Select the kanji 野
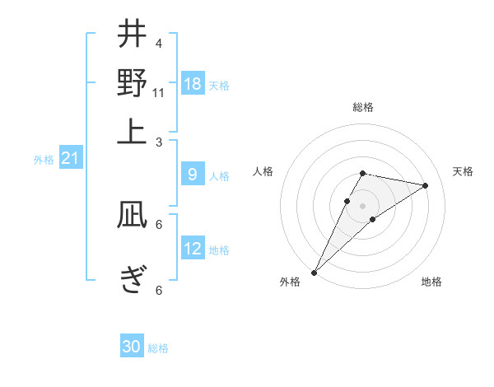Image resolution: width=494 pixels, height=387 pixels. coord(132,83)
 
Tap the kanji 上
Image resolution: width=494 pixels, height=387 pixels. coord(132,132)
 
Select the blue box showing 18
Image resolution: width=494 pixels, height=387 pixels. coord(193,84)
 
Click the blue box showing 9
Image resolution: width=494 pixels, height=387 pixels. coord(192,175)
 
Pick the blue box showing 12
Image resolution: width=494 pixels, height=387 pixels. coord(193,249)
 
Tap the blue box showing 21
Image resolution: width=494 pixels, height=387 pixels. coord(70,158)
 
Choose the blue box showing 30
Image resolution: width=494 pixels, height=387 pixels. coord(132,347)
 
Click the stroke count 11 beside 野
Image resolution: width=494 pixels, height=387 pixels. coord(159,93)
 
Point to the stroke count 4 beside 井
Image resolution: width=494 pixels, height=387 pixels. coord(159,43)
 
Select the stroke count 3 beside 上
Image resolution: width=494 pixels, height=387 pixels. coord(159,142)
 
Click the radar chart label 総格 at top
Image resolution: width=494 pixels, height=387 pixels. coord(363,107)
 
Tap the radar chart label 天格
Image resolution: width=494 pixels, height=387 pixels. coord(463,171)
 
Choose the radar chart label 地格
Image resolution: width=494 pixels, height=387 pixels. coord(431,282)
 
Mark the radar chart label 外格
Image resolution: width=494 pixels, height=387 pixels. coord(290,282)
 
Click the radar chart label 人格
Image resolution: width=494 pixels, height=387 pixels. coord(263,171)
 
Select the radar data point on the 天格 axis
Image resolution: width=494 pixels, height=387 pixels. coord(426,185)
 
